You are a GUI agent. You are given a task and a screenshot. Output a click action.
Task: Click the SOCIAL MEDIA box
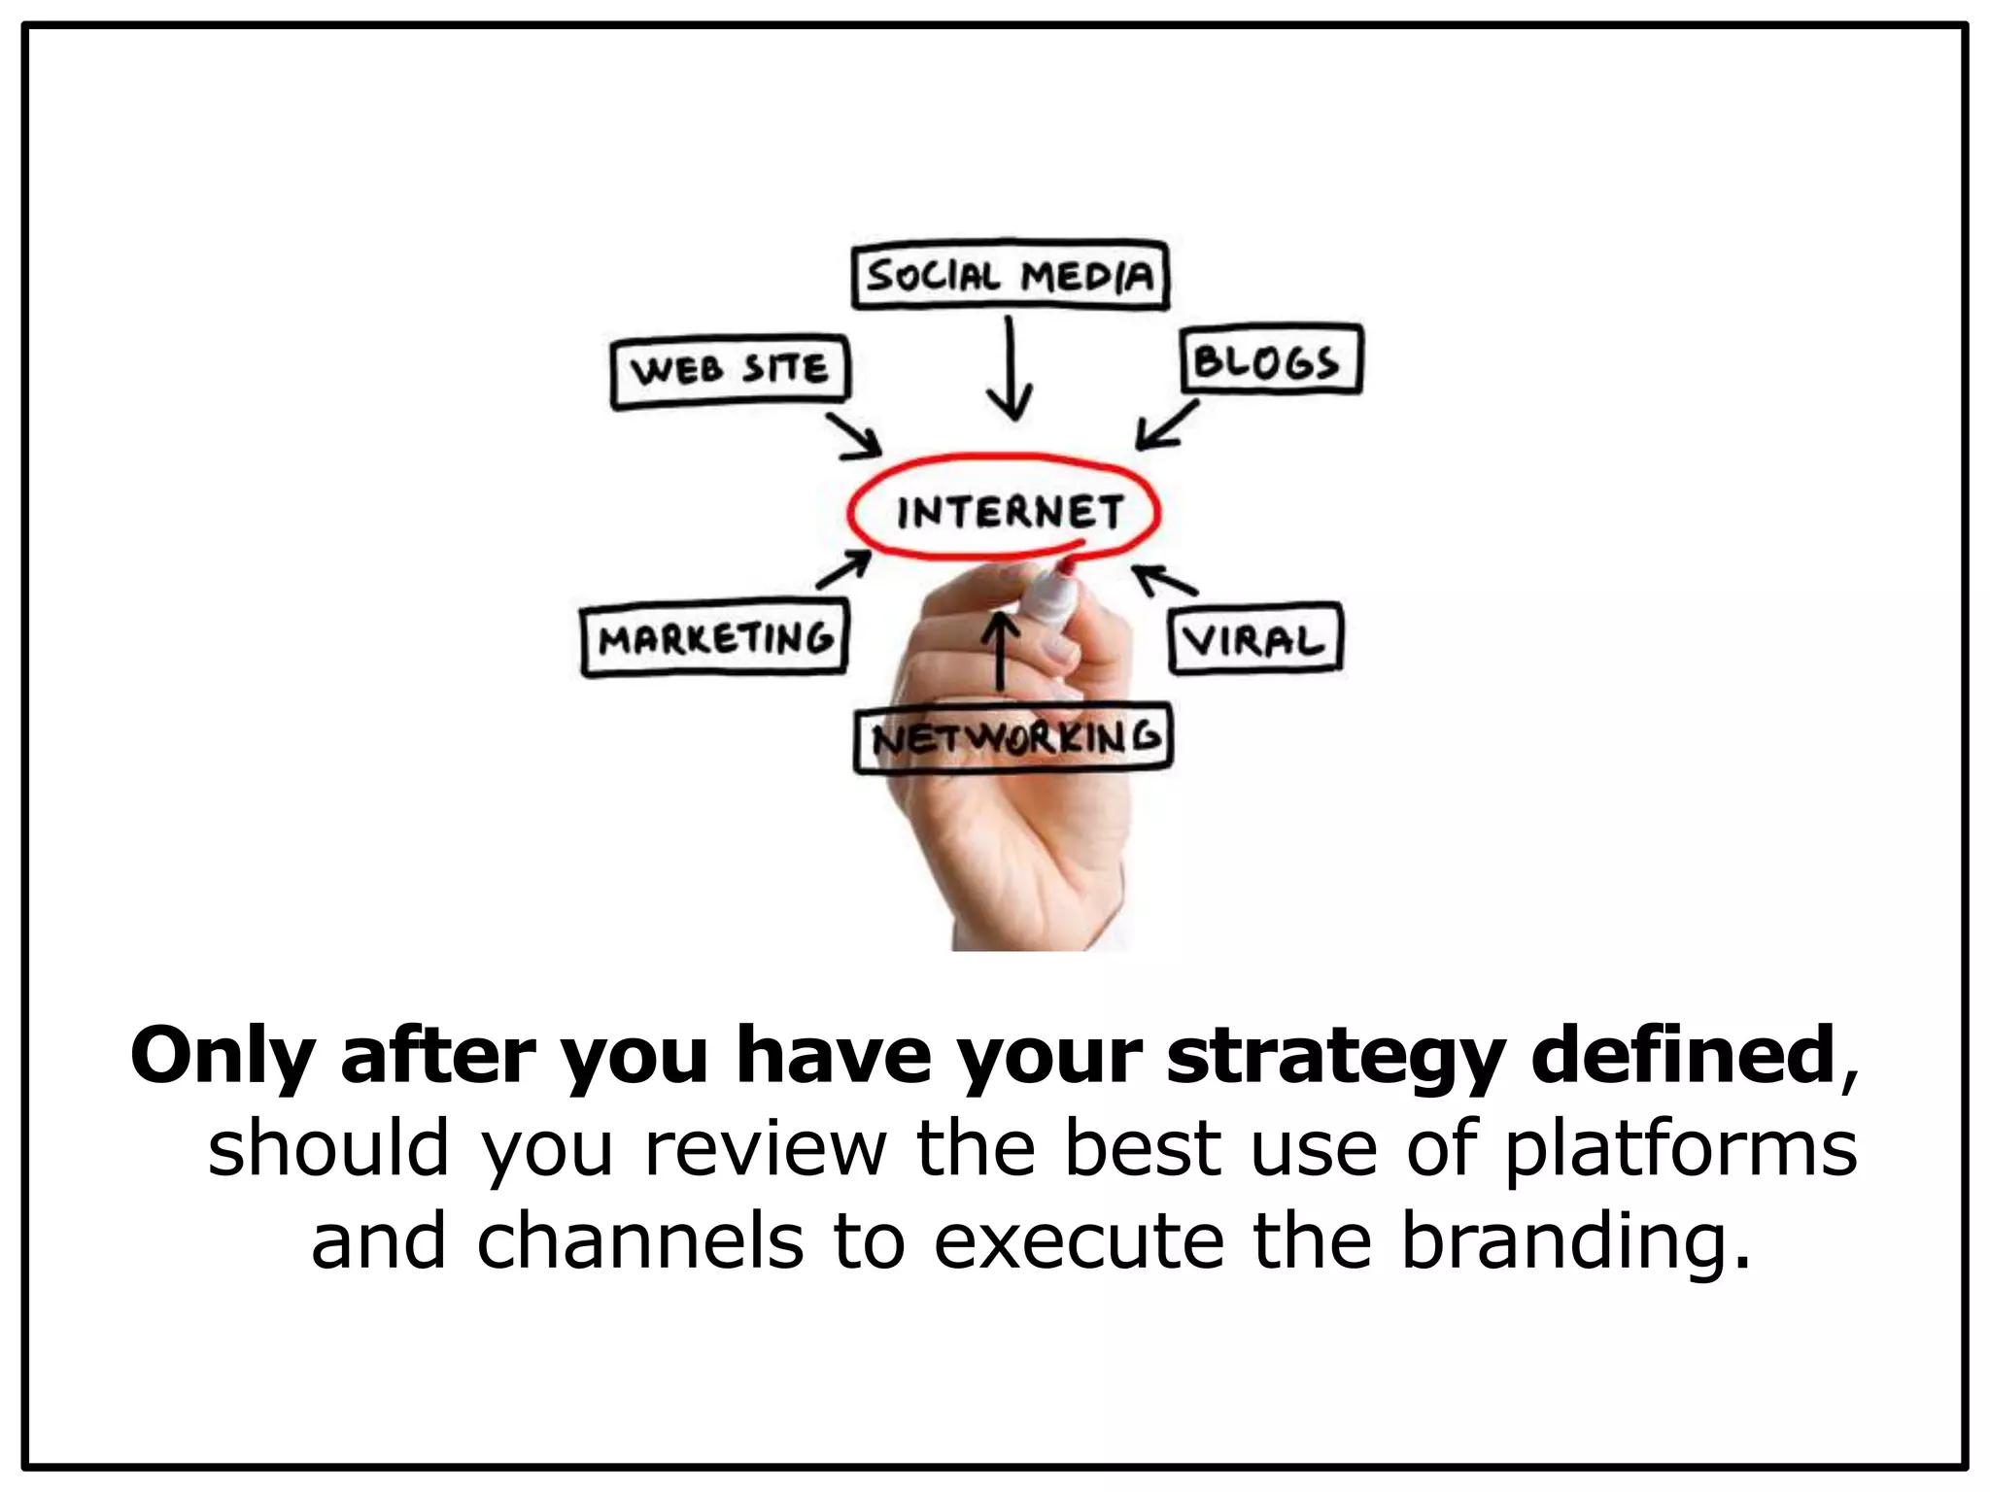click(1010, 276)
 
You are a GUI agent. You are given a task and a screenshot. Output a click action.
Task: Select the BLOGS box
click(1270, 360)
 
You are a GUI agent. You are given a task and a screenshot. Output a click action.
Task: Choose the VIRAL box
click(1255, 638)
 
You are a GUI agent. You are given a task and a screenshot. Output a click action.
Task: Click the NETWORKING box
click(1013, 739)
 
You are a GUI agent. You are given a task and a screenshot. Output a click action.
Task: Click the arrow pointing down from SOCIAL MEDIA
click(1011, 369)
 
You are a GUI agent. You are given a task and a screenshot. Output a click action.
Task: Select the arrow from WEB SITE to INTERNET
click(854, 436)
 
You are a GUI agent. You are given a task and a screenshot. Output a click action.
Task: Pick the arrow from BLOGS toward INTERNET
click(1167, 426)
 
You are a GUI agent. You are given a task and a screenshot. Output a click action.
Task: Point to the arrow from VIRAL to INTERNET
click(1165, 579)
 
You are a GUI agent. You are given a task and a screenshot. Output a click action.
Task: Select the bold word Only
click(221, 1056)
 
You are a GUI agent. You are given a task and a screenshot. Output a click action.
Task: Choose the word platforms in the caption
click(1680, 1147)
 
